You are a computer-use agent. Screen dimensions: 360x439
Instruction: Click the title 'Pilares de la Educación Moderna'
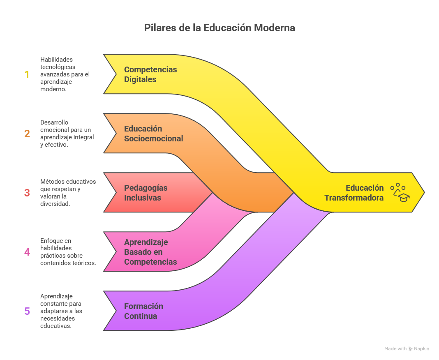(219, 28)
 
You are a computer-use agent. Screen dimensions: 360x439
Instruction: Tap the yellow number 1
(27, 74)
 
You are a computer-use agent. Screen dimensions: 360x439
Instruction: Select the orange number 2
(27, 134)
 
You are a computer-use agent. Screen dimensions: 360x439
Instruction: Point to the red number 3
(27, 193)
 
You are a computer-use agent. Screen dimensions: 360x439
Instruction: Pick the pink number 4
(27, 252)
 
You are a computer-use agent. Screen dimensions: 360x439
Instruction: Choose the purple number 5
(27, 311)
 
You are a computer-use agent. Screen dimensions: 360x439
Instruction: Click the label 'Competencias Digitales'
(150, 74)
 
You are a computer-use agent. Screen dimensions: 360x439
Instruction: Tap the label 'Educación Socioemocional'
(153, 134)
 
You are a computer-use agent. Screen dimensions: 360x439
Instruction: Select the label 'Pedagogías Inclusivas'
(146, 193)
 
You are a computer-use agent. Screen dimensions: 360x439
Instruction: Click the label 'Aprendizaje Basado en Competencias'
(150, 252)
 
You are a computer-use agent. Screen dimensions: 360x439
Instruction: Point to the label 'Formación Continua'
(143, 311)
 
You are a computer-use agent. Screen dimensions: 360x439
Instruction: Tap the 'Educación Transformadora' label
(354, 193)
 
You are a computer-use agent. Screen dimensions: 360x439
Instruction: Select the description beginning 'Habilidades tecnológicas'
(65, 74)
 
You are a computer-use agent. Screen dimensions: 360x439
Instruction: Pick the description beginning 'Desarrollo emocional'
(67, 134)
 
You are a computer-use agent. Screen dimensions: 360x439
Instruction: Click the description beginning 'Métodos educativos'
(68, 193)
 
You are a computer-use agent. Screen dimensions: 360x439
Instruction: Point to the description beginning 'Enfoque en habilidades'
(68, 252)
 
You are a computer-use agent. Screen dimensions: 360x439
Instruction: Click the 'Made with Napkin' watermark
(407, 348)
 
